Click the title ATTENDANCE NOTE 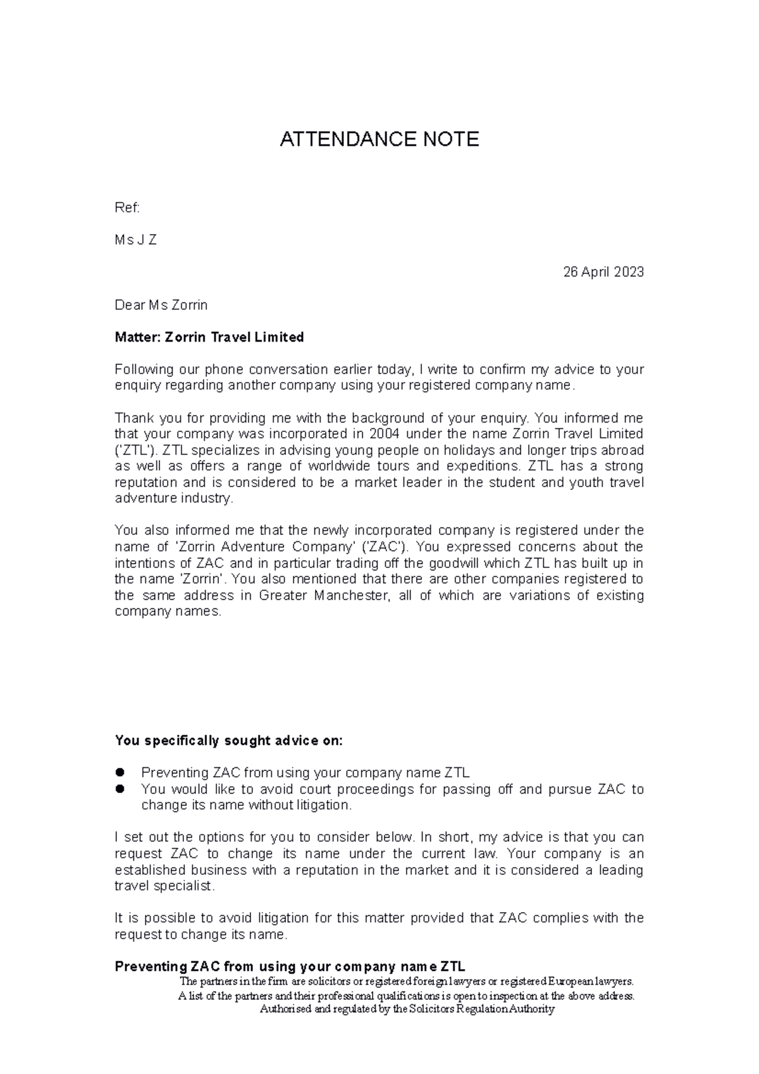[379, 139]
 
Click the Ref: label [127, 208]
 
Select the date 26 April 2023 [603, 272]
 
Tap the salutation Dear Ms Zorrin [161, 306]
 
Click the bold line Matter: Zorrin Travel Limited [209, 338]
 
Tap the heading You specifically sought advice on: [228, 741]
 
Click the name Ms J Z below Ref [135, 240]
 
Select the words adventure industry [173, 498]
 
